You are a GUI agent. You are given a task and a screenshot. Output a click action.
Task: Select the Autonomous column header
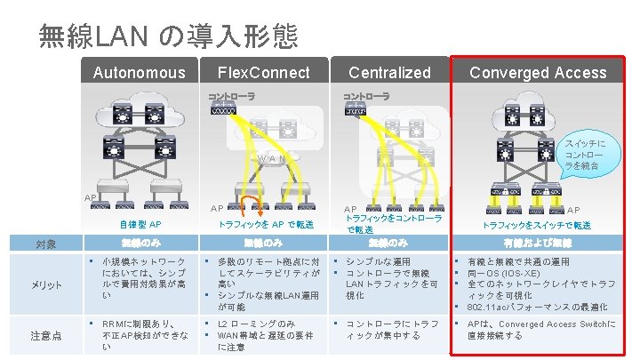tap(140, 72)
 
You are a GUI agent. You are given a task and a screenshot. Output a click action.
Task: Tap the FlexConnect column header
tap(264, 72)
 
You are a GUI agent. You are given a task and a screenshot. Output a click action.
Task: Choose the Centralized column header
tap(389, 72)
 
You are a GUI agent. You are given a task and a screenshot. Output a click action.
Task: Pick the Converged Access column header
tap(539, 72)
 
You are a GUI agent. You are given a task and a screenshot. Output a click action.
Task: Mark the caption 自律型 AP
tap(140, 224)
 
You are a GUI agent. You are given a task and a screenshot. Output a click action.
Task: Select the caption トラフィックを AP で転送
tap(266, 224)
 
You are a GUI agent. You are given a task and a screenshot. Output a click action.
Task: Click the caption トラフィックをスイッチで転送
tap(537, 226)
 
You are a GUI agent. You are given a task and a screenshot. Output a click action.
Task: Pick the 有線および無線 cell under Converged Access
tap(537, 242)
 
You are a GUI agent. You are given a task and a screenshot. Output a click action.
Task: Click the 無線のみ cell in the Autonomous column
tap(140, 242)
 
